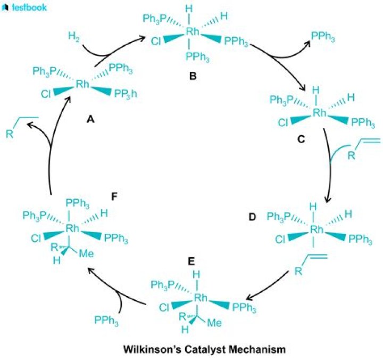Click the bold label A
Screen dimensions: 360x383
tap(90, 120)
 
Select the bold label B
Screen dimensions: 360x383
tap(193, 77)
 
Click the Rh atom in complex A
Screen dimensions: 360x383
tap(82, 84)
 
